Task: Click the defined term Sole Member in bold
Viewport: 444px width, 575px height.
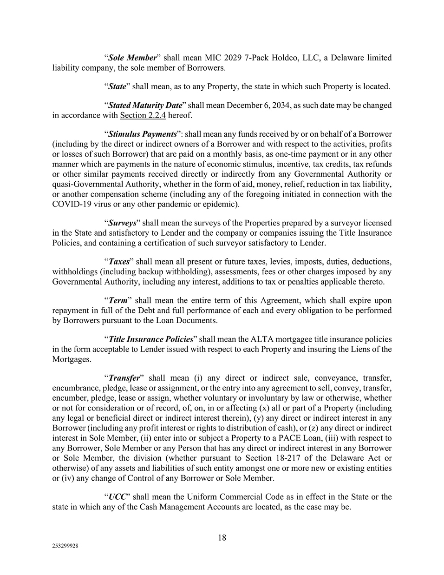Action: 132,58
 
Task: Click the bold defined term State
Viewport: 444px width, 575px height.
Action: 117,86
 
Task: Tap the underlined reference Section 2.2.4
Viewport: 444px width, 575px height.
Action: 143,115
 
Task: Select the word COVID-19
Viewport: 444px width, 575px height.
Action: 70,204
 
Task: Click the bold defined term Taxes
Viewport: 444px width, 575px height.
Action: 118,262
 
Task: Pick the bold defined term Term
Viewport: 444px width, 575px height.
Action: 117,300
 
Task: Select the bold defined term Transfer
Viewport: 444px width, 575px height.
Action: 124,378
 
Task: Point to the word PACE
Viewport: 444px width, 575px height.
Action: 300,438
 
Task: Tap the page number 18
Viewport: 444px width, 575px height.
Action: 222,538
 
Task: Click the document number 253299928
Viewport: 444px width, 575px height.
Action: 65,548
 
